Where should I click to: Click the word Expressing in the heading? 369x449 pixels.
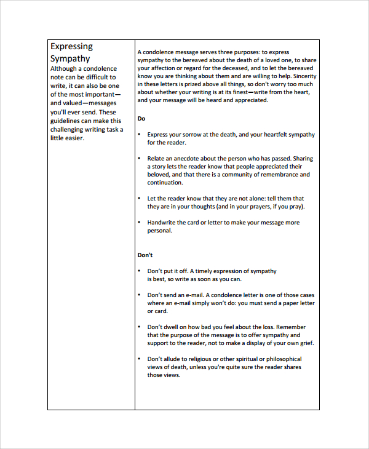pos(71,46)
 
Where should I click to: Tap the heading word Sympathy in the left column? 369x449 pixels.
pos(70,58)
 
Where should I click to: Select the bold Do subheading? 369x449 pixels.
pos(141,118)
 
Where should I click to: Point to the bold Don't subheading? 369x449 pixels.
pos(145,255)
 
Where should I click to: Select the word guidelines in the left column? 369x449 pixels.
pos(66,121)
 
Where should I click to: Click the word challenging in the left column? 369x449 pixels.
pos(69,129)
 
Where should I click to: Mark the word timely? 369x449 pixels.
pos(211,271)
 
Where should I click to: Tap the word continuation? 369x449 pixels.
pos(165,183)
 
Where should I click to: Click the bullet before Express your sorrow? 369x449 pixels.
pos(140,135)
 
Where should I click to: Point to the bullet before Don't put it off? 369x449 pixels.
pos(140,271)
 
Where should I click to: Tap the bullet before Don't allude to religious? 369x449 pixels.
pos(140,359)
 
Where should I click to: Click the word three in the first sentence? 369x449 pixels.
pos(226,52)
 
